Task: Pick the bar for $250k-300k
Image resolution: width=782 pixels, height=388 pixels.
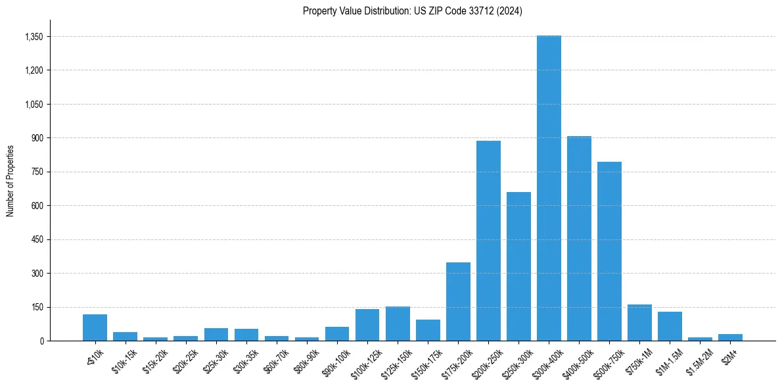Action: (518, 266)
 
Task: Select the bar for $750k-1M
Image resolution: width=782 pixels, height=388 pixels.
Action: (639, 322)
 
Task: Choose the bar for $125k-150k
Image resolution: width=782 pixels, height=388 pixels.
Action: (398, 324)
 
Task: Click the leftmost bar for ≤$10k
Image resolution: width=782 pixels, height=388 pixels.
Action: (95, 327)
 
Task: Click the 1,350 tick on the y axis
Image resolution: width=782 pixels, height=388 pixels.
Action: (34, 37)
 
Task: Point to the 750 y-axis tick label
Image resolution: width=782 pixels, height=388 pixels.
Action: (37, 172)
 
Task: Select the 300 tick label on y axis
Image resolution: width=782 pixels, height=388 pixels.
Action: (37, 273)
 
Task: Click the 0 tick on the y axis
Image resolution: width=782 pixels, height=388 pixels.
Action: (41, 341)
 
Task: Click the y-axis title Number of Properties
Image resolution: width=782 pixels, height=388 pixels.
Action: (11, 180)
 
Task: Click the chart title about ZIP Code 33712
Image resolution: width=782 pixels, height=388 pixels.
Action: (413, 11)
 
